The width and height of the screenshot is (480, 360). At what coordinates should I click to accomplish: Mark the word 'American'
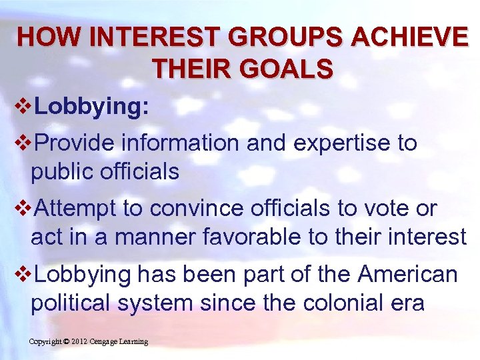[408, 274]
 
